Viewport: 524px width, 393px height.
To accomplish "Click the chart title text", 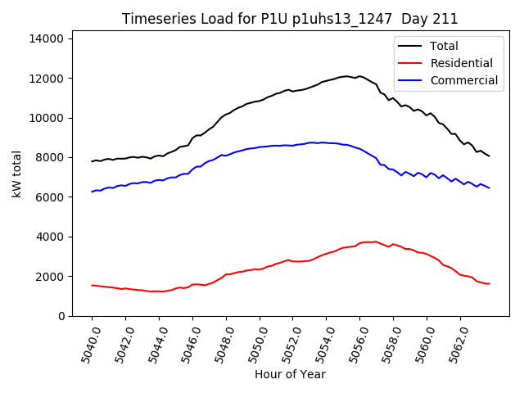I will [x=290, y=19].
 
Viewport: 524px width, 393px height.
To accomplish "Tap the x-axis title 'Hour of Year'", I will [x=290, y=374].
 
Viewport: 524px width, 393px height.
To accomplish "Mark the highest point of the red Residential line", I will [x=375, y=242].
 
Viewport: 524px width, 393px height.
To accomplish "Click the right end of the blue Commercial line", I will [x=489, y=188].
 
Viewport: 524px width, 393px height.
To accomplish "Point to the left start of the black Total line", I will [x=92, y=161].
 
